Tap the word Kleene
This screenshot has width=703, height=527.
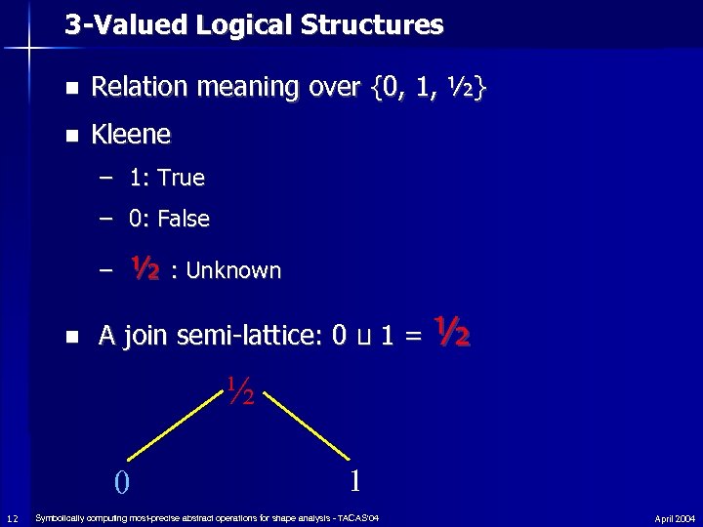coord(130,134)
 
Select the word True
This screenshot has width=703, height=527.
coord(181,178)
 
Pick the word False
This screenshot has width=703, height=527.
coord(184,219)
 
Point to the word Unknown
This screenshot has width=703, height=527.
coord(233,270)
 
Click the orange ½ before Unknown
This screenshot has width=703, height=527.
coord(145,266)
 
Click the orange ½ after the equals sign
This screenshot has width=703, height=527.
coord(453,333)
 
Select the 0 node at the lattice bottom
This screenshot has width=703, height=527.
coord(120,481)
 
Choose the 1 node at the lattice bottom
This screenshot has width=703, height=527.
coord(356,479)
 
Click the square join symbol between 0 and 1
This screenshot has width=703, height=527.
coord(363,339)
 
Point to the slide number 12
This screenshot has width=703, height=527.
coord(11,517)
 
